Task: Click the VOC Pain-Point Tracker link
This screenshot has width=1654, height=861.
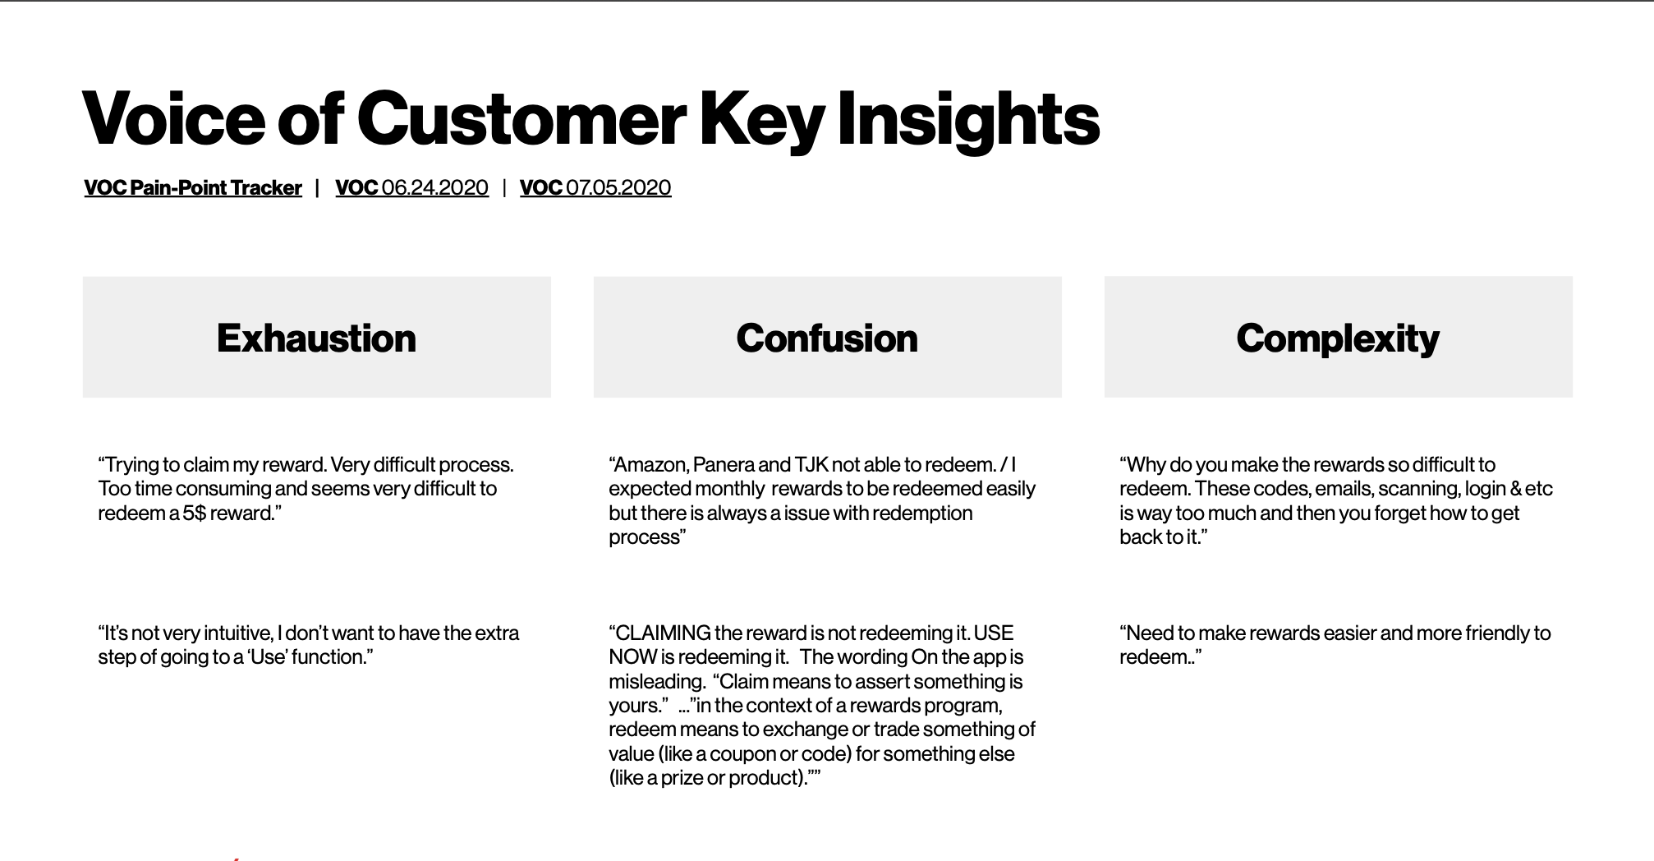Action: point(193,188)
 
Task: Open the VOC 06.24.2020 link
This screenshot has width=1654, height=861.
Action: point(411,188)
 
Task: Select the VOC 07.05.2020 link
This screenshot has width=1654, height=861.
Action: point(595,188)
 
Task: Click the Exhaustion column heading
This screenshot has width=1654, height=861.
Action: point(316,338)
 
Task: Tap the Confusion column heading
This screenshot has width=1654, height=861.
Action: point(827,338)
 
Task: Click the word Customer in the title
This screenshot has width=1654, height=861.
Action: point(521,119)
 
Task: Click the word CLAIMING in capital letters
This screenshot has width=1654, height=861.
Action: point(663,633)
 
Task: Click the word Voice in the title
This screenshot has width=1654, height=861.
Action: point(173,119)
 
